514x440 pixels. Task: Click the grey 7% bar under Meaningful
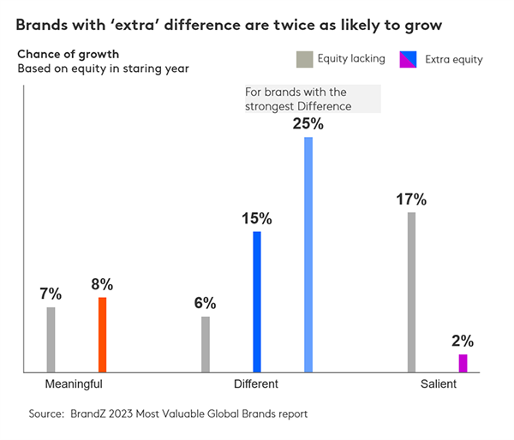(x=51, y=340)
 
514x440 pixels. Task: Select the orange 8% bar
(x=102, y=335)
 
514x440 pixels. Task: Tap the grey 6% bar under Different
(x=206, y=344)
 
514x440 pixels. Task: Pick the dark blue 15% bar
(x=257, y=301)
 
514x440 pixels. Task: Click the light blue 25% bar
(x=308, y=254)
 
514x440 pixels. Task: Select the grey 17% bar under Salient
(x=411, y=292)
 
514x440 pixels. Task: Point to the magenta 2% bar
(x=463, y=363)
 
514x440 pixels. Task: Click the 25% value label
(x=308, y=123)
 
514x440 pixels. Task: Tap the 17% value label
(x=411, y=199)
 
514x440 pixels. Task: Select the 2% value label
(x=463, y=341)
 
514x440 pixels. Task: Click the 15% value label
(x=256, y=218)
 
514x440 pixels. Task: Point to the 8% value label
(x=102, y=284)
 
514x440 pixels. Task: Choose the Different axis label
(x=256, y=384)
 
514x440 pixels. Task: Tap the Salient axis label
(x=438, y=384)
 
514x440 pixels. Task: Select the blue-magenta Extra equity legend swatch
(x=411, y=59)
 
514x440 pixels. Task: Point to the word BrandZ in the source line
(x=87, y=413)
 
